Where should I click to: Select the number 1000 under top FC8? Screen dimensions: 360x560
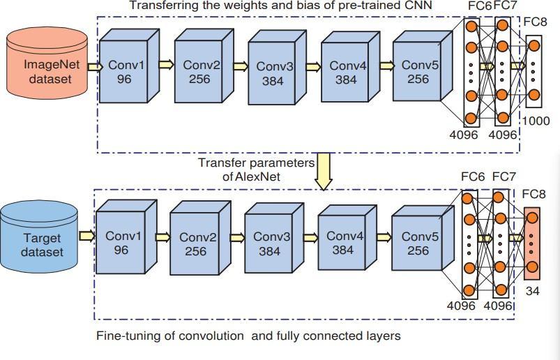pos(536,121)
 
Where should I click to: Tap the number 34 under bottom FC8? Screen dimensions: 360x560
pos(532,292)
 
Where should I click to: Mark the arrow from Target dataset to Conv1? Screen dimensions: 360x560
pos(86,237)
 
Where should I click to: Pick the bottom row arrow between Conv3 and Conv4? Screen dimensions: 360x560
pos(308,237)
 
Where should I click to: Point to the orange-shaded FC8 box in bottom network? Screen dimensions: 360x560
pos(531,241)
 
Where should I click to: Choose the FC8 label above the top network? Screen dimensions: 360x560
pos(537,22)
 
